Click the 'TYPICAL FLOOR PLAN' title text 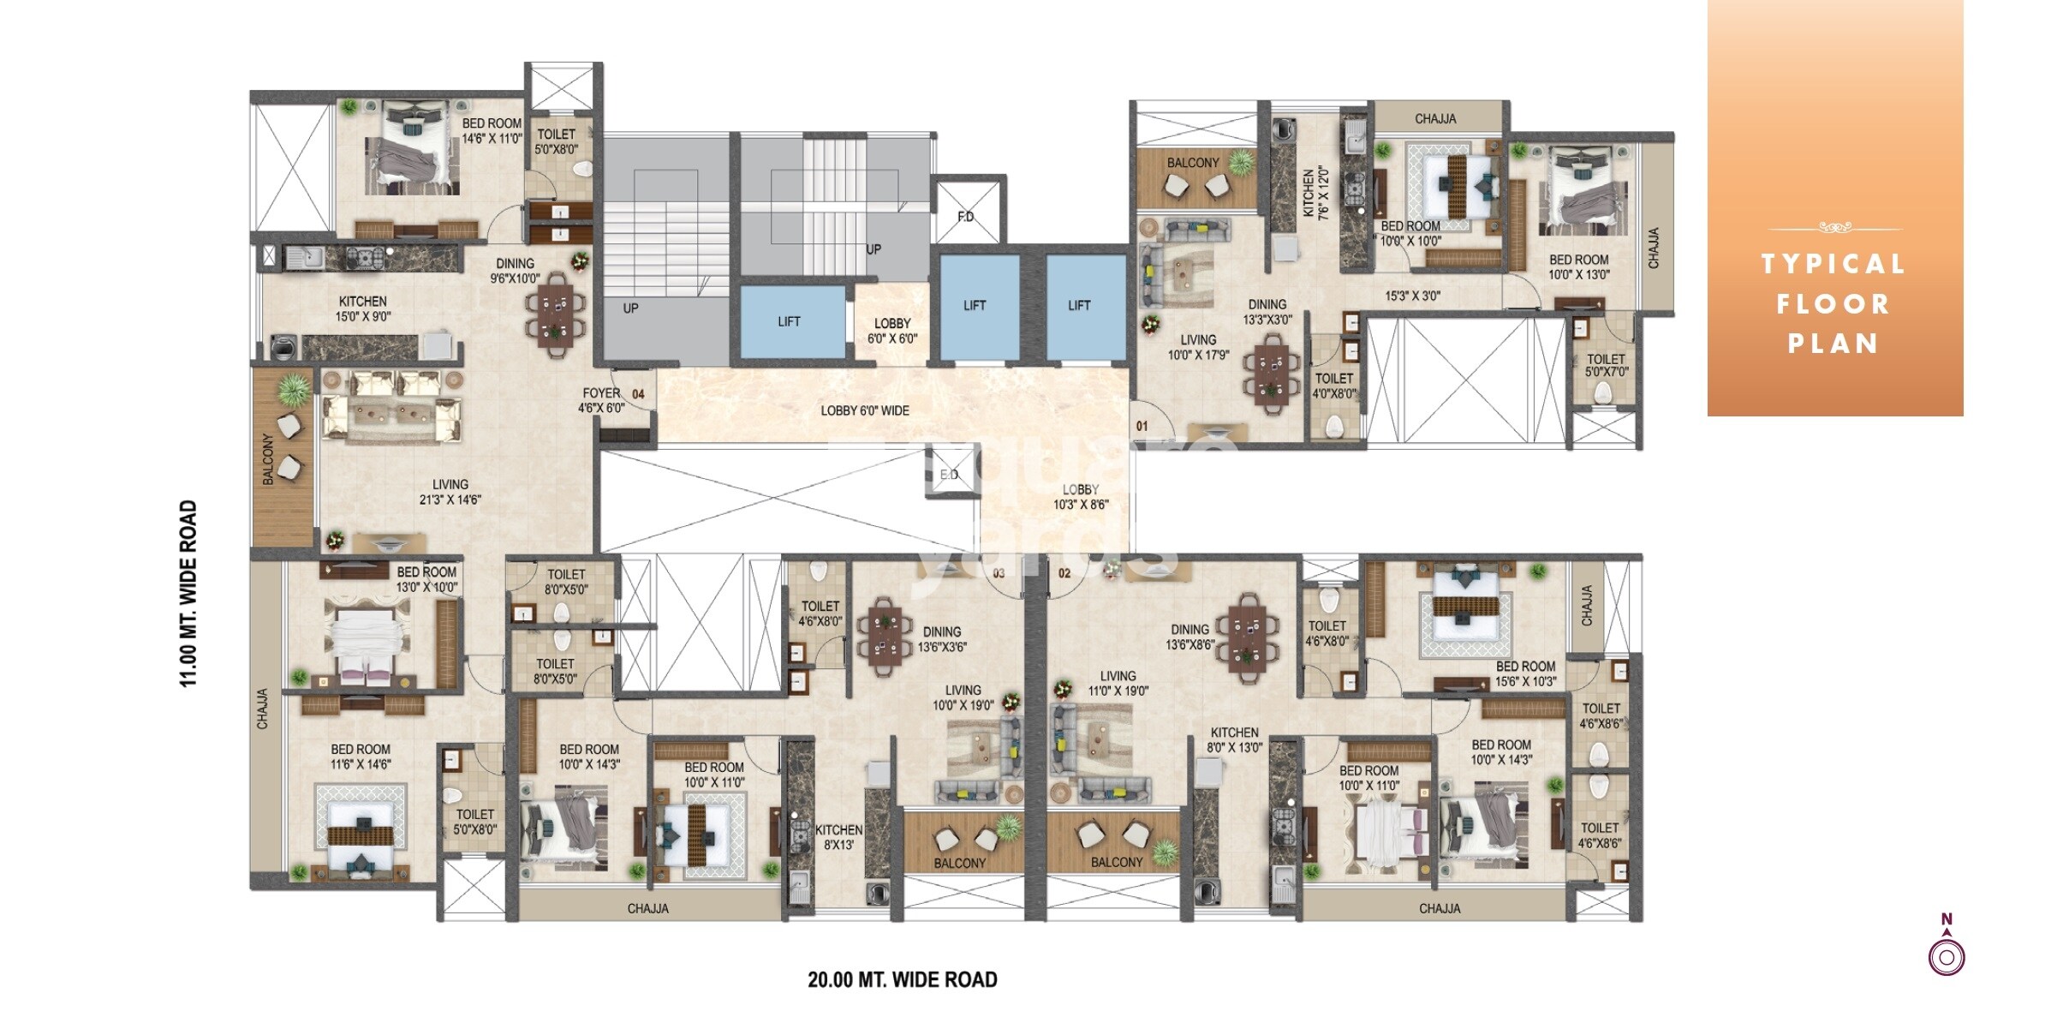click(x=1833, y=303)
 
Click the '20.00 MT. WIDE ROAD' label click(x=903, y=980)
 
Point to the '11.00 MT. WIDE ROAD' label click(x=188, y=593)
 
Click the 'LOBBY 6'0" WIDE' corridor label click(x=865, y=411)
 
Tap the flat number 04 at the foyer click(x=637, y=395)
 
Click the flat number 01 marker click(x=1142, y=426)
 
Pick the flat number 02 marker click(x=1064, y=573)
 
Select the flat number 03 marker click(x=999, y=573)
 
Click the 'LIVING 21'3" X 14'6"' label click(x=450, y=492)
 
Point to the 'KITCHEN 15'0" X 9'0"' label click(x=363, y=308)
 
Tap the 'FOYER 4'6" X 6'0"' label click(x=601, y=400)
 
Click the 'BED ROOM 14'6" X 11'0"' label click(x=492, y=131)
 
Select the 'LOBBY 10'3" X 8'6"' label click(x=1081, y=497)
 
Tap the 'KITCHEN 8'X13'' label click(x=838, y=837)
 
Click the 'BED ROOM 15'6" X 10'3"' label click(x=1525, y=673)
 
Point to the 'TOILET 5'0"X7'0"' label click(x=1606, y=366)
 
